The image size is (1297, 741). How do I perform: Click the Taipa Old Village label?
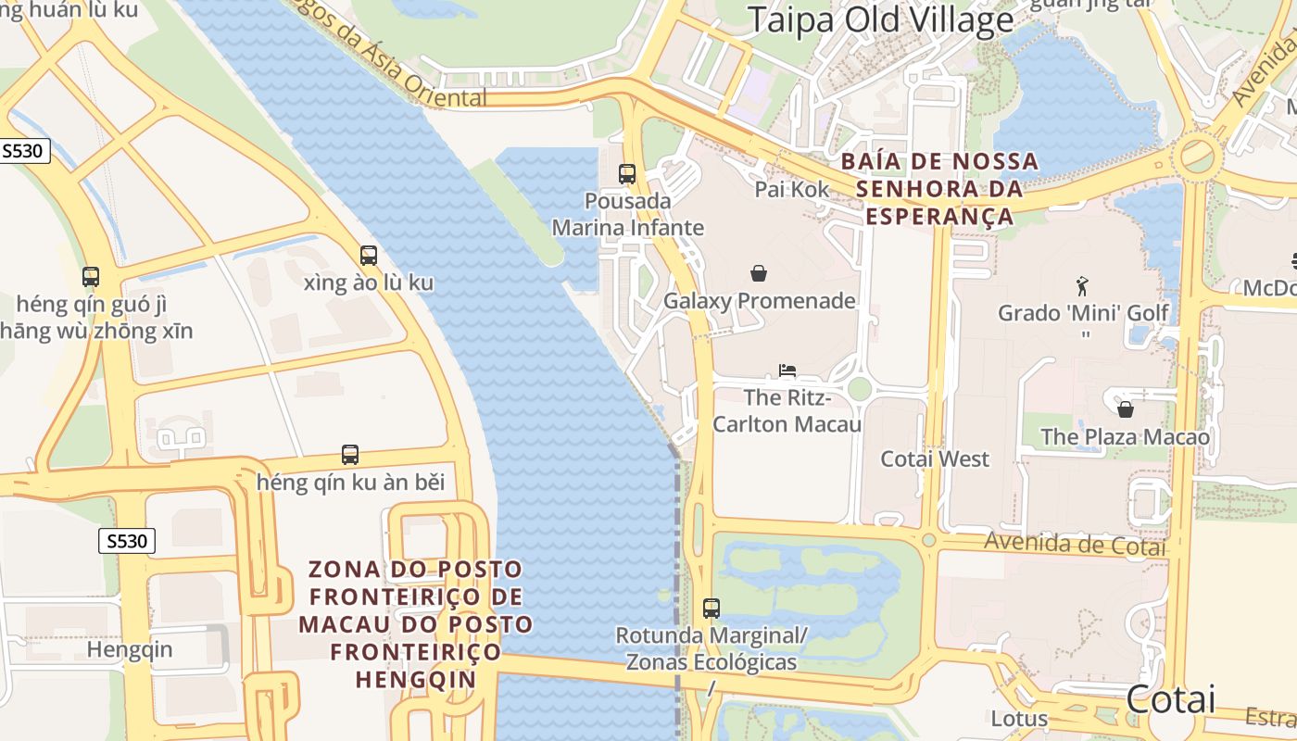(x=880, y=19)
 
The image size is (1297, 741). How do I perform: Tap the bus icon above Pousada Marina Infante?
(x=627, y=173)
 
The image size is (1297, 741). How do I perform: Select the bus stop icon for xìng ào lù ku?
(x=369, y=256)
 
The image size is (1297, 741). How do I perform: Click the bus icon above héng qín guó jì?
(x=90, y=276)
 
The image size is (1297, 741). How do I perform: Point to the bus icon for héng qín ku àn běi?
(x=350, y=455)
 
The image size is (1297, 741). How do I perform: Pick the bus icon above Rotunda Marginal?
(x=711, y=609)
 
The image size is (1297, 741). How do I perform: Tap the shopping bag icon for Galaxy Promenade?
(x=759, y=273)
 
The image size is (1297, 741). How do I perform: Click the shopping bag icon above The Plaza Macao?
(x=1126, y=408)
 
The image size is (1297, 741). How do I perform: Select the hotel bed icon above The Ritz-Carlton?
(x=787, y=371)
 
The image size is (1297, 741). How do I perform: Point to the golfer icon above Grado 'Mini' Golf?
(x=1082, y=286)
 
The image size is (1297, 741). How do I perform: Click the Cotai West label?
(x=935, y=458)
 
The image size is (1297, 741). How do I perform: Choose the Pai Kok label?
(x=792, y=189)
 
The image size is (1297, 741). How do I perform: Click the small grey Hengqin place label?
(x=130, y=649)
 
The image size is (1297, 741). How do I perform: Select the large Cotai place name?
(x=1171, y=699)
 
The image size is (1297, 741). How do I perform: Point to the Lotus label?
(x=1019, y=718)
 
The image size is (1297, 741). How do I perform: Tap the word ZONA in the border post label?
(x=342, y=569)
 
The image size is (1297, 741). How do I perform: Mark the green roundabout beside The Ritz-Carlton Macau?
(x=859, y=389)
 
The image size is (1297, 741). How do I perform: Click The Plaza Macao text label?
(x=1125, y=437)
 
